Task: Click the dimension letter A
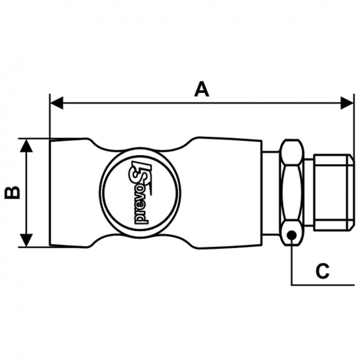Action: click(x=202, y=89)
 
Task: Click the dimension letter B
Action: click(x=12, y=192)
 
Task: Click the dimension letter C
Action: click(x=322, y=271)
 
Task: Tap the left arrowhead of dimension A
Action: click(x=56, y=103)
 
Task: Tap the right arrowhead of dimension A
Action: click(x=347, y=103)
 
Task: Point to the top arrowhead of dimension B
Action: click(x=26, y=145)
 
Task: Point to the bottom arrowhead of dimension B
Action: click(x=26, y=240)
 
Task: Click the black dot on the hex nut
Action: click(x=291, y=235)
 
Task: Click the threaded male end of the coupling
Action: click(x=334, y=193)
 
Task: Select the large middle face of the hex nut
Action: click(x=292, y=192)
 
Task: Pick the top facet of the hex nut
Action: click(x=292, y=152)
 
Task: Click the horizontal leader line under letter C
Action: click(x=323, y=285)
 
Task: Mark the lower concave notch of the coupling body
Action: click(x=140, y=238)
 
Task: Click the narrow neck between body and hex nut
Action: click(x=272, y=193)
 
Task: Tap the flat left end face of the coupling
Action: click(x=50, y=193)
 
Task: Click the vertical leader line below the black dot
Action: click(x=291, y=262)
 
